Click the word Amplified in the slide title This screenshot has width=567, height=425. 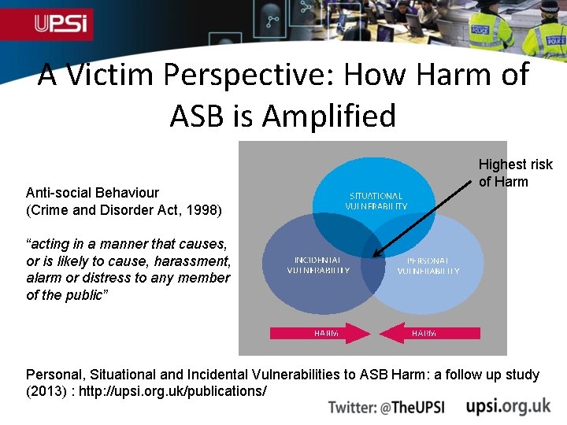tap(328, 116)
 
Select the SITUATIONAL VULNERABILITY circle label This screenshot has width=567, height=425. tap(376, 201)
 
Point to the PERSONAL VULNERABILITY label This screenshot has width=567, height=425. tap(428, 266)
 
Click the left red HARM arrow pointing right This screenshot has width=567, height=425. tap(320, 333)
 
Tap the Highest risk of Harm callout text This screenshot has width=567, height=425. tap(515, 173)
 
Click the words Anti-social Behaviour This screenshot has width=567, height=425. tap(92, 193)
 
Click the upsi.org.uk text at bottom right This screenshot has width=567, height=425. tap(508, 406)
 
